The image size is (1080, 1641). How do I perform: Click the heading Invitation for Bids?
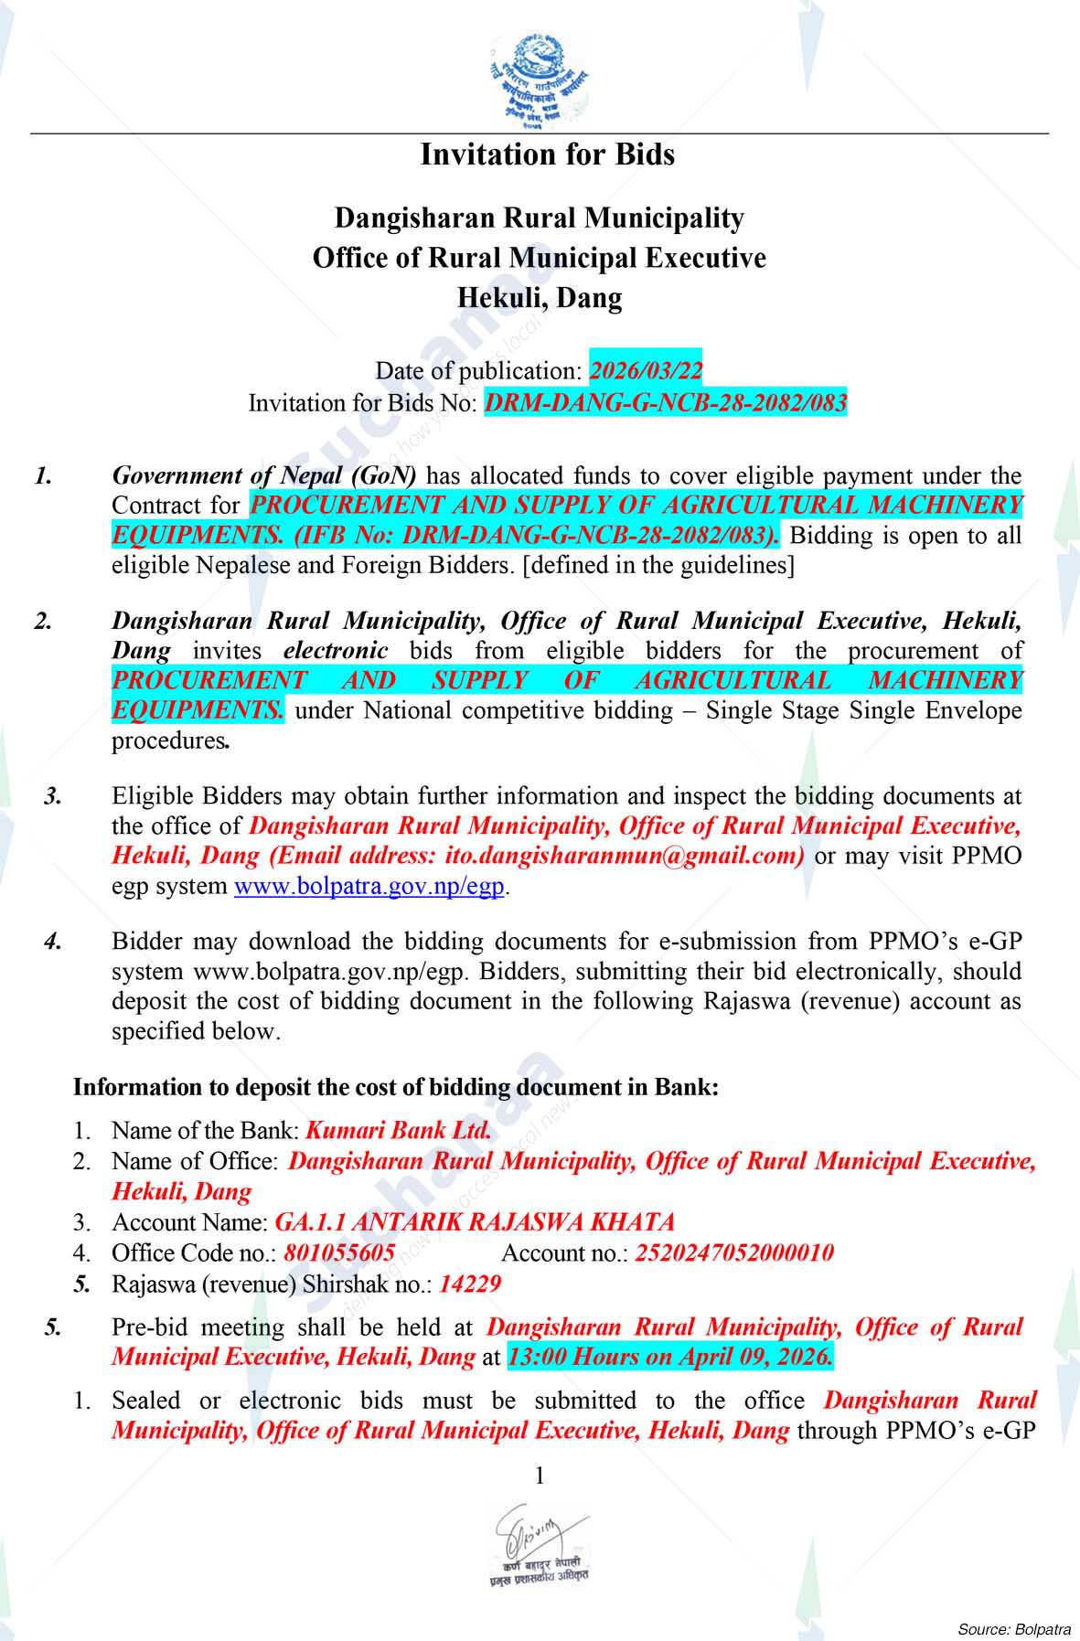pyautogui.click(x=547, y=155)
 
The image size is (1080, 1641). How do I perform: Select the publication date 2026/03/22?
pyautogui.click(x=646, y=371)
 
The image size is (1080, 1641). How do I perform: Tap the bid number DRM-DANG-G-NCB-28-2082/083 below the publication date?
pyautogui.click(x=665, y=402)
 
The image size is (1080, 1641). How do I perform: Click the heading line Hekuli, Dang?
pyautogui.click(x=540, y=298)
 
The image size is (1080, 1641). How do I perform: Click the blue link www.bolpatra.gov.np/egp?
pyautogui.click(x=369, y=887)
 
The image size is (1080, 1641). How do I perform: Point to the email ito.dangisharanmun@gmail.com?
pyautogui.click(x=624, y=857)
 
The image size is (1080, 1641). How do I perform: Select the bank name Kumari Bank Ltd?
pyautogui.click(x=399, y=1130)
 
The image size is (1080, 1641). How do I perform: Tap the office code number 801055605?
pyautogui.click(x=339, y=1253)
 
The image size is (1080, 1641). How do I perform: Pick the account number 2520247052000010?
pyautogui.click(x=733, y=1253)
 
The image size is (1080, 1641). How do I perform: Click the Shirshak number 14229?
pyautogui.click(x=470, y=1284)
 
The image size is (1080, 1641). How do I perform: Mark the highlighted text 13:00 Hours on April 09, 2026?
pyautogui.click(x=670, y=1357)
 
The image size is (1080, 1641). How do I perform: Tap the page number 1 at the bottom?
pyautogui.click(x=540, y=1476)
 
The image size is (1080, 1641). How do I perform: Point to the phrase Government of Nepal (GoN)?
pyautogui.click(x=264, y=475)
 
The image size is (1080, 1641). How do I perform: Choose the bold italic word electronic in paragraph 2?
pyautogui.click(x=336, y=651)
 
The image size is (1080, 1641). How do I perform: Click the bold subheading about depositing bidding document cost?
pyautogui.click(x=396, y=1088)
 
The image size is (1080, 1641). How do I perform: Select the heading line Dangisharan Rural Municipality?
pyautogui.click(x=540, y=218)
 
